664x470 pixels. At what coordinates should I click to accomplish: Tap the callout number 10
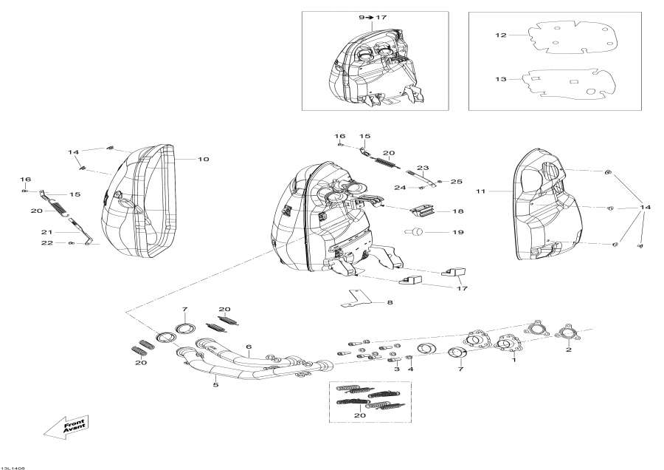(203, 159)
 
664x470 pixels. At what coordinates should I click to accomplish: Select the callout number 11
(480, 191)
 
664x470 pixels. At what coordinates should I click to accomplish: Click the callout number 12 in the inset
(501, 35)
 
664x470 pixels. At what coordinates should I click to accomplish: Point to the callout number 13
(501, 79)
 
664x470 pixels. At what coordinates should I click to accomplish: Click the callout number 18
(458, 211)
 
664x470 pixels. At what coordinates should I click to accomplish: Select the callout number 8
(390, 302)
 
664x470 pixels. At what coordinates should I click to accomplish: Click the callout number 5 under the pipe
(215, 384)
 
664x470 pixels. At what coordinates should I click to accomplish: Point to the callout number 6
(249, 347)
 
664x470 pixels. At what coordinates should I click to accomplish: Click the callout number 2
(569, 350)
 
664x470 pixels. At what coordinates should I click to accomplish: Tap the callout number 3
(397, 368)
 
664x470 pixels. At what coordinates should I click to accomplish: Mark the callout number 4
(411, 368)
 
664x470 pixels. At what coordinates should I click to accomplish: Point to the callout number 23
(423, 168)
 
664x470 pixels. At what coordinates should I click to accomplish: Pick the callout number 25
(456, 181)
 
